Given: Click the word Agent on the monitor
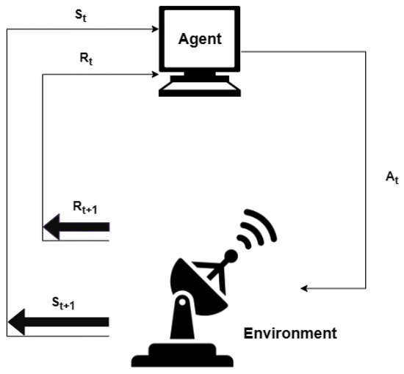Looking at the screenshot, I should pyautogui.click(x=200, y=38).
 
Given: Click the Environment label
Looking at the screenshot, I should pyautogui.click(x=290, y=334).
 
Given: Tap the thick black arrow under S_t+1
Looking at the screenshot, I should pyautogui.click(x=58, y=321).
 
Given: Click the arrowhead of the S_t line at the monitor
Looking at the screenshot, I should pyautogui.click(x=156, y=29).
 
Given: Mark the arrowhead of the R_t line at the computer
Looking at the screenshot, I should pyautogui.click(x=156, y=73).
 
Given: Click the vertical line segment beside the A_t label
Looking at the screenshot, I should pyautogui.click(x=365, y=169).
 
